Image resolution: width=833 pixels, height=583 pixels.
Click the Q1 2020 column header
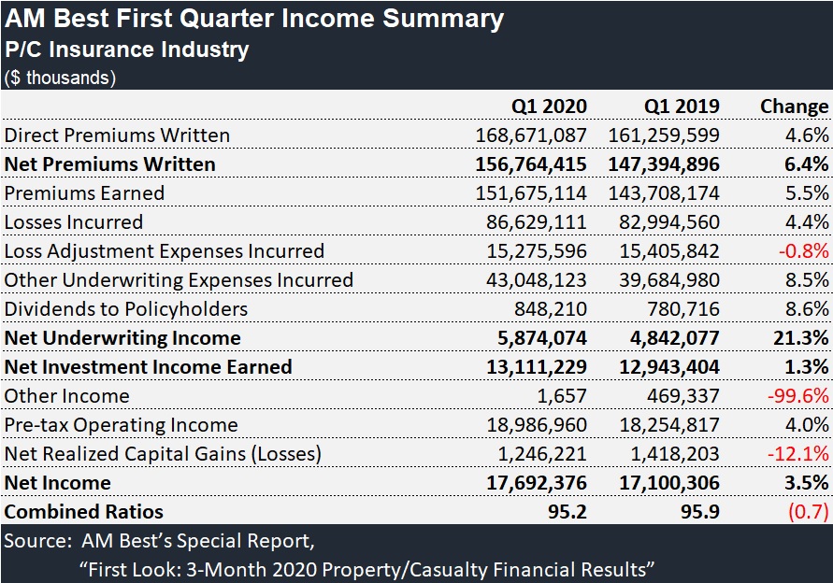[549, 107]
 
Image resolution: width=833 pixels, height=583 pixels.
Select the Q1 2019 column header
[682, 107]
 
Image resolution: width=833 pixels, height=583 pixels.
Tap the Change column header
[794, 107]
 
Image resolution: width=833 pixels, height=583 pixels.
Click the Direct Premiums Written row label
[117, 135]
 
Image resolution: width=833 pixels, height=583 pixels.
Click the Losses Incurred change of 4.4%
[809, 222]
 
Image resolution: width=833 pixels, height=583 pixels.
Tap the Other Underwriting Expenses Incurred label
[179, 280]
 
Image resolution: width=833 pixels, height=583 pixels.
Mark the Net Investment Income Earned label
[148, 367]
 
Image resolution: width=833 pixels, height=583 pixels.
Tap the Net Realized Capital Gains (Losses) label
[163, 454]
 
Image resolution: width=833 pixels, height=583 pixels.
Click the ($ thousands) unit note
[60, 78]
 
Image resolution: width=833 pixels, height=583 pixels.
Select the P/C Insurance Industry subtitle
[127, 50]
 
